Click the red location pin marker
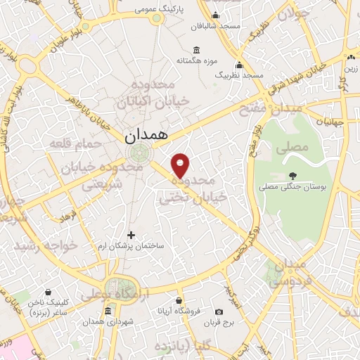(181, 164)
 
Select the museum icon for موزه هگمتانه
(195, 50)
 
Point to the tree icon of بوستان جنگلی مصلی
(292, 176)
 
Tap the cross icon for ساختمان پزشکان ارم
(130, 235)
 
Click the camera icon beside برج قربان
(219, 311)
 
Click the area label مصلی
(294, 148)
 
